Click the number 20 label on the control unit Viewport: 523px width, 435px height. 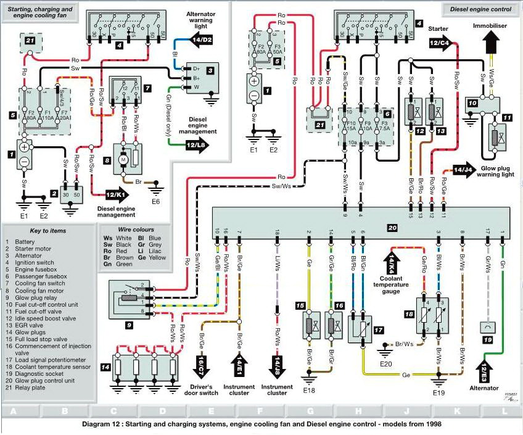tap(392, 228)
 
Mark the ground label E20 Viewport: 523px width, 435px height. tap(385, 363)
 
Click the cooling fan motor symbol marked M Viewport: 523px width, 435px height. tap(123, 160)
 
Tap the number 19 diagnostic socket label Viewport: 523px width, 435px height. tap(486, 339)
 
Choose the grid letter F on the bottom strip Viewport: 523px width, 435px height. tap(261, 410)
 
